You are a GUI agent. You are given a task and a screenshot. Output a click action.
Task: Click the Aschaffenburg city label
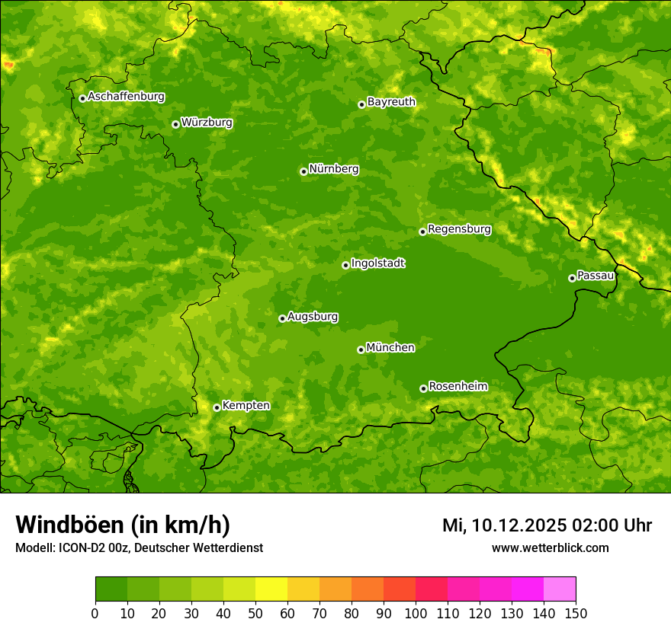pyautogui.click(x=126, y=97)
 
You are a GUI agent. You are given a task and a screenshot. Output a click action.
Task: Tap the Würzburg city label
pyautogui.click(x=207, y=123)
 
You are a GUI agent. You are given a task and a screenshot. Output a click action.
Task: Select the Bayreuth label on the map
pyautogui.click(x=391, y=102)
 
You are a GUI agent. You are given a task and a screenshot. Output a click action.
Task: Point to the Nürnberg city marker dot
pyautogui.click(x=303, y=171)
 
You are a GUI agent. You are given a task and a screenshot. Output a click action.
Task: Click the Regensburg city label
pyautogui.click(x=459, y=229)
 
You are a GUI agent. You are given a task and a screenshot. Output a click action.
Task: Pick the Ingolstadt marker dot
pyautogui.click(x=345, y=265)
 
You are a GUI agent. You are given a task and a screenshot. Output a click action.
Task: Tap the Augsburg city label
pyautogui.click(x=313, y=317)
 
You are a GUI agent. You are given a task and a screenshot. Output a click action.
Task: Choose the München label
pyautogui.click(x=390, y=348)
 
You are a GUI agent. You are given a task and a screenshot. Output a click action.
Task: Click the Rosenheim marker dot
pyautogui.click(x=423, y=388)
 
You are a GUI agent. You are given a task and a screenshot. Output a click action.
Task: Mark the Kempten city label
pyautogui.click(x=246, y=406)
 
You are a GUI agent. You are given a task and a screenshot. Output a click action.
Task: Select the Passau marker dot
pyautogui.click(x=572, y=278)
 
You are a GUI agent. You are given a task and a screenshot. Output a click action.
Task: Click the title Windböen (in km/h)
pyautogui.click(x=123, y=525)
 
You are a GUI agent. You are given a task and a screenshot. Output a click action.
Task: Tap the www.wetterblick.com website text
pyautogui.click(x=550, y=547)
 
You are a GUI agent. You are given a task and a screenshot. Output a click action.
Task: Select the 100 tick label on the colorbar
pyautogui.click(x=416, y=613)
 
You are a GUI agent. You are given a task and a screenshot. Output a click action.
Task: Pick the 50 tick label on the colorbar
pyautogui.click(x=255, y=613)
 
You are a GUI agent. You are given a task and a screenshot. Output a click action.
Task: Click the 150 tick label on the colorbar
pyautogui.click(x=576, y=613)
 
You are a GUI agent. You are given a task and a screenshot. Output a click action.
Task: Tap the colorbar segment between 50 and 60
pyautogui.click(x=271, y=589)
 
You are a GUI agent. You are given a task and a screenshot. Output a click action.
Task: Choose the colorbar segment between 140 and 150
pyautogui.click(x=560, y=589)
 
